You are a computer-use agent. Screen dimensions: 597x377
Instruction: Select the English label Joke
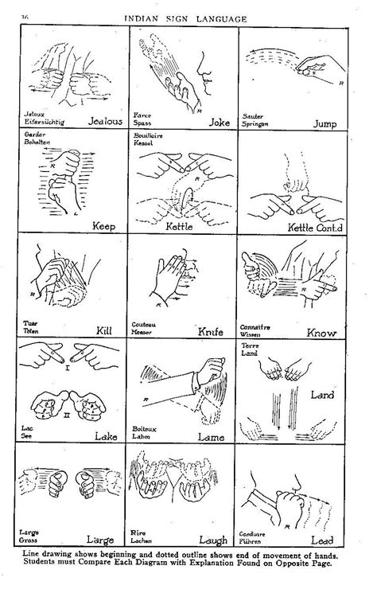(218, 123)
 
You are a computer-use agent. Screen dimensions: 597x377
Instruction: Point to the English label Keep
(103, 226)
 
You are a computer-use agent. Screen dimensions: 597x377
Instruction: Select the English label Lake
(106, 435)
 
